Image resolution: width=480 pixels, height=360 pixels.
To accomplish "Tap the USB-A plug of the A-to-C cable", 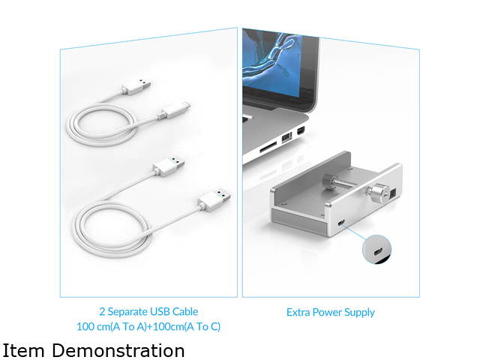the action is tap(136, 87).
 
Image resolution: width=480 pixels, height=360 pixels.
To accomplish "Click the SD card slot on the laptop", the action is tap(268, 149).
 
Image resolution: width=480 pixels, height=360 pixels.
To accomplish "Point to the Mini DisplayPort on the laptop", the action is tap(301, 130).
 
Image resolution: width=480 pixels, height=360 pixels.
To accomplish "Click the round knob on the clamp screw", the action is tap(377, 192).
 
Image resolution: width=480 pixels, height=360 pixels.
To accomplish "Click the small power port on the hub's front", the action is tap(341, 223).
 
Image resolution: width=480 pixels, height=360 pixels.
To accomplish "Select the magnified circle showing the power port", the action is tap(376, 249).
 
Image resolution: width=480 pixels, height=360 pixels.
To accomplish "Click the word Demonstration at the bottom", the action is tap(120, 350).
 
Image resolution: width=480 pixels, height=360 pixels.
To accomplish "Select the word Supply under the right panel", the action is tap(359, 313).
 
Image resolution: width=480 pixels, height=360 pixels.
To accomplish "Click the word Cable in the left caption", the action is tap(185, 312).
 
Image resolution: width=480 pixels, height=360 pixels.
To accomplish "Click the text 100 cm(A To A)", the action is tap(112, 327).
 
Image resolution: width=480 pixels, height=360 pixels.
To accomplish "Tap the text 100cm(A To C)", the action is tap(187, 327).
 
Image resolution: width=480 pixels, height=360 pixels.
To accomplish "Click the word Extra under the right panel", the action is tap(297, 312).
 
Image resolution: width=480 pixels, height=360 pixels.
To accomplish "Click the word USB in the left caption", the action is tap(160, 312).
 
